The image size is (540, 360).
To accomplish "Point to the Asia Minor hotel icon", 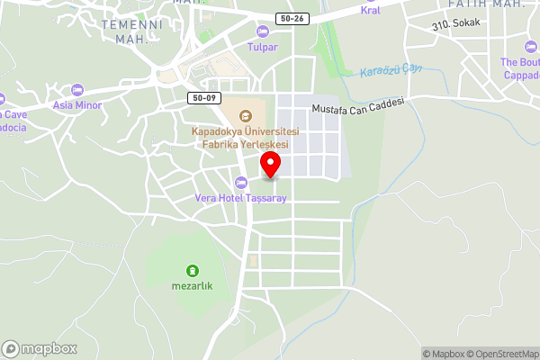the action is click(77, 90).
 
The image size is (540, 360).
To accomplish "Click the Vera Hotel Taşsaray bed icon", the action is click(239, 183).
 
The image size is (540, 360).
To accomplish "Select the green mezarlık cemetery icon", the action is click(192, 270).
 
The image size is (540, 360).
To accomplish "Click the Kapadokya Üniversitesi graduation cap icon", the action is click(246, 115).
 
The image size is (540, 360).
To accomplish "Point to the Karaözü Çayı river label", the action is click(391, 69).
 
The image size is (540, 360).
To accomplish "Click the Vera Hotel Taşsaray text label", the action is click(239, 197).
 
